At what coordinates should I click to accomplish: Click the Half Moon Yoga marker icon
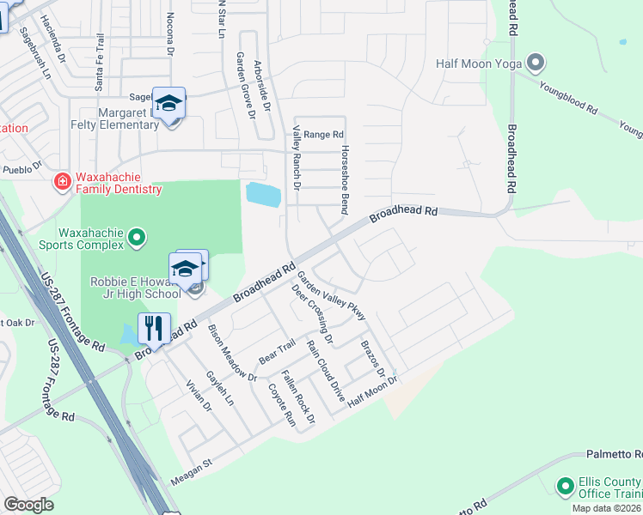pos(536,63)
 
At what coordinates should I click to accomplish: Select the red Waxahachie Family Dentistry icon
pos(62,181)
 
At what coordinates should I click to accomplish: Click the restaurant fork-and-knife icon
pos(153,329)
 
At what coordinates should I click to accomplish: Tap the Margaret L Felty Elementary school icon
pos(169,105)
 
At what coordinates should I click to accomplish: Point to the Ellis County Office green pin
pos(565,487)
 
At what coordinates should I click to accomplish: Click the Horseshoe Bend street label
pos(345,167)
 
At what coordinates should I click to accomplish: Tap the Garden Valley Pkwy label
pos(332,296)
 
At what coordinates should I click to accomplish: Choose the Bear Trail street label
pos(277,351)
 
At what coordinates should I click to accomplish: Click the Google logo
pos(28,504)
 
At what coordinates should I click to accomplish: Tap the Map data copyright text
pos(607,508)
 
